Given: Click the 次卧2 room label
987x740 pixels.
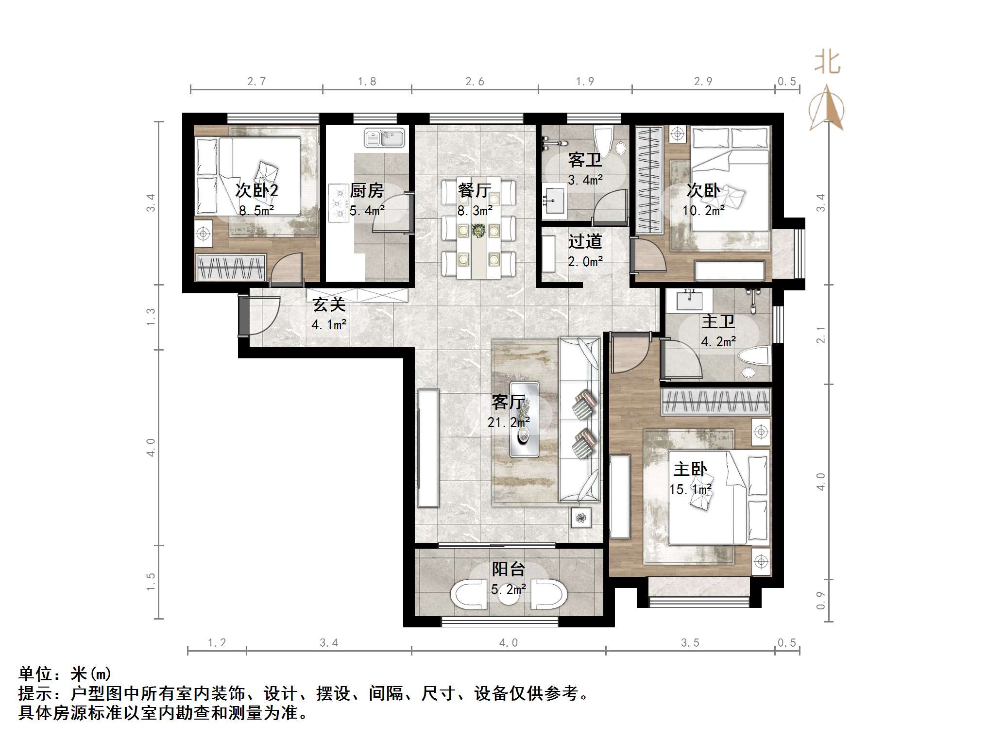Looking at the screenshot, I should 256,190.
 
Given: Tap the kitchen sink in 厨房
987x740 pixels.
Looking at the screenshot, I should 385,137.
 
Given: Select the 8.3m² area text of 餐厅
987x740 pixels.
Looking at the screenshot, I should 475,210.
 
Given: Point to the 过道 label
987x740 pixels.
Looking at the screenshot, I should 585,241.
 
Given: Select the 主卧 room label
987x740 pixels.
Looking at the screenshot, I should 690,470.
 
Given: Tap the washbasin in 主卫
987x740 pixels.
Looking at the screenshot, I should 689,301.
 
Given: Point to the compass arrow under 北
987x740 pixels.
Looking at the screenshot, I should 827,109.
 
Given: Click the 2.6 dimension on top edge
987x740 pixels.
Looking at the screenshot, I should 475,82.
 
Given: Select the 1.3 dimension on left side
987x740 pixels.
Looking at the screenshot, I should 151,317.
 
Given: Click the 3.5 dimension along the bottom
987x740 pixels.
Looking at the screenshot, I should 690,643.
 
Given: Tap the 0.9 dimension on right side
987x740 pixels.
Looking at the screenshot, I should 820,601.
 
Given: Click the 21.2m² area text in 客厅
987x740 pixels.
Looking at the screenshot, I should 508,422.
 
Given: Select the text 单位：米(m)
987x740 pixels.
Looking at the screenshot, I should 65,673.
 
